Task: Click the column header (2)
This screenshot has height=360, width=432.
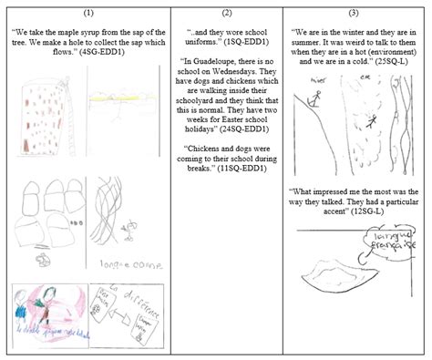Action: (227, 14)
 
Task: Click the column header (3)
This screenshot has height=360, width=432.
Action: (356, 14)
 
